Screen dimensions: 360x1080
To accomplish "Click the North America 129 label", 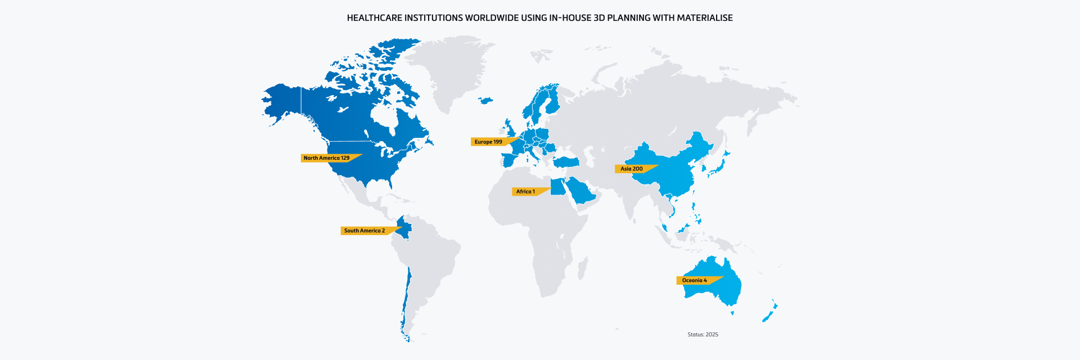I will point(326,158).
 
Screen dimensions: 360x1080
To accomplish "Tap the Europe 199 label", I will point(488,142).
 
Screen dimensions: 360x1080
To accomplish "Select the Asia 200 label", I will point(631,169).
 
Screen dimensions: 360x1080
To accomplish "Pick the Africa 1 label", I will point(525,192).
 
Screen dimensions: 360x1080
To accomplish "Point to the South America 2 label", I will point(364,231).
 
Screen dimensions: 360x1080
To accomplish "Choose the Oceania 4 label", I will point(694,280).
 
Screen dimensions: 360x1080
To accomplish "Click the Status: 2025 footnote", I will point(703,335).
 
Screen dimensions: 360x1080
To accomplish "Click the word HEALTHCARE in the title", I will point(374,18).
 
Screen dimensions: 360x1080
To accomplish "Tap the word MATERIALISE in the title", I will point(704,18).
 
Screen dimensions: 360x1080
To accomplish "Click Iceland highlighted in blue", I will point(485,101).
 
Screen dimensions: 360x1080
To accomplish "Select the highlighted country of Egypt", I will point(557,187).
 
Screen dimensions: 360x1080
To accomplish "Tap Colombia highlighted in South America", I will point(404,227).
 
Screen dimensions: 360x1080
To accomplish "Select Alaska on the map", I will point(281,104).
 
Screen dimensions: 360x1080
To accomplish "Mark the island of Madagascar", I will point(583,267).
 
